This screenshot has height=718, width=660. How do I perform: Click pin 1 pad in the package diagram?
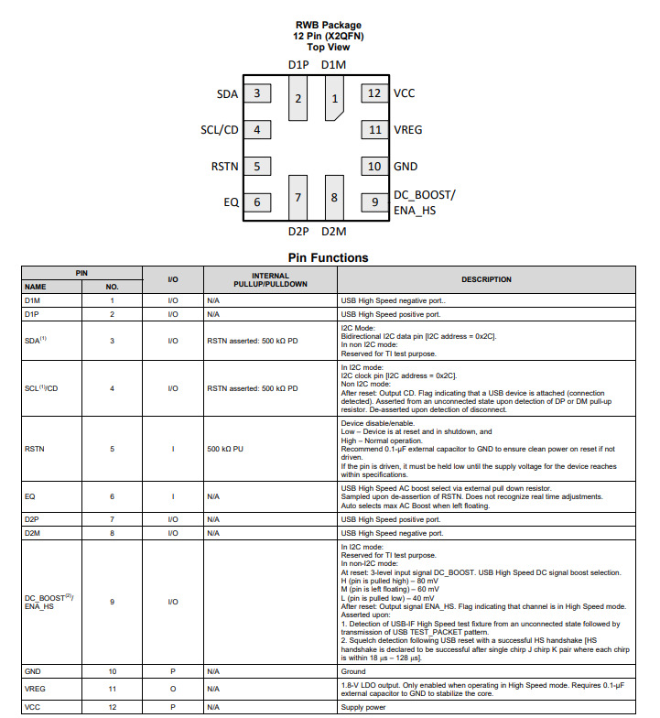click(x=334, y=99)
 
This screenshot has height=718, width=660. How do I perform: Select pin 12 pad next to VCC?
click(x=374, y=92)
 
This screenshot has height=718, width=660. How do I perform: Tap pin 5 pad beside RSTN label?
click(x=257, y=166)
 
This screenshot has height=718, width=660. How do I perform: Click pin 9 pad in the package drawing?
click(x=374, y=201)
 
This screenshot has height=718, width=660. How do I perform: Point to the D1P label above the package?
click(x=298, y=65)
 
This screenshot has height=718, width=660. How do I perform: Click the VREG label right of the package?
click(x=408, y=130)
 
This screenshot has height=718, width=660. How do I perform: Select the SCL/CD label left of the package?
click(x=220, y=130)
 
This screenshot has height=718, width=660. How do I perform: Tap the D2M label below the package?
click(x=333, y=232)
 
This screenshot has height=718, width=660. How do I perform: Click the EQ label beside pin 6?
click(x=232, y=202)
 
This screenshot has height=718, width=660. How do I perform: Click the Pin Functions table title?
click(x=328, y=258)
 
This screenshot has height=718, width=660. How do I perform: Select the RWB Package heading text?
click(x=328, y=26)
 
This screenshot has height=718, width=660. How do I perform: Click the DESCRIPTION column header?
click(x=486, y=279)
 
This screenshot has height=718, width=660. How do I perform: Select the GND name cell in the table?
click(x=33, y=672)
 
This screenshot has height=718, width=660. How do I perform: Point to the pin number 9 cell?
click(x=113, y=602)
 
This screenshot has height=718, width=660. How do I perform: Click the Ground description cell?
click(x=354, y=672)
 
